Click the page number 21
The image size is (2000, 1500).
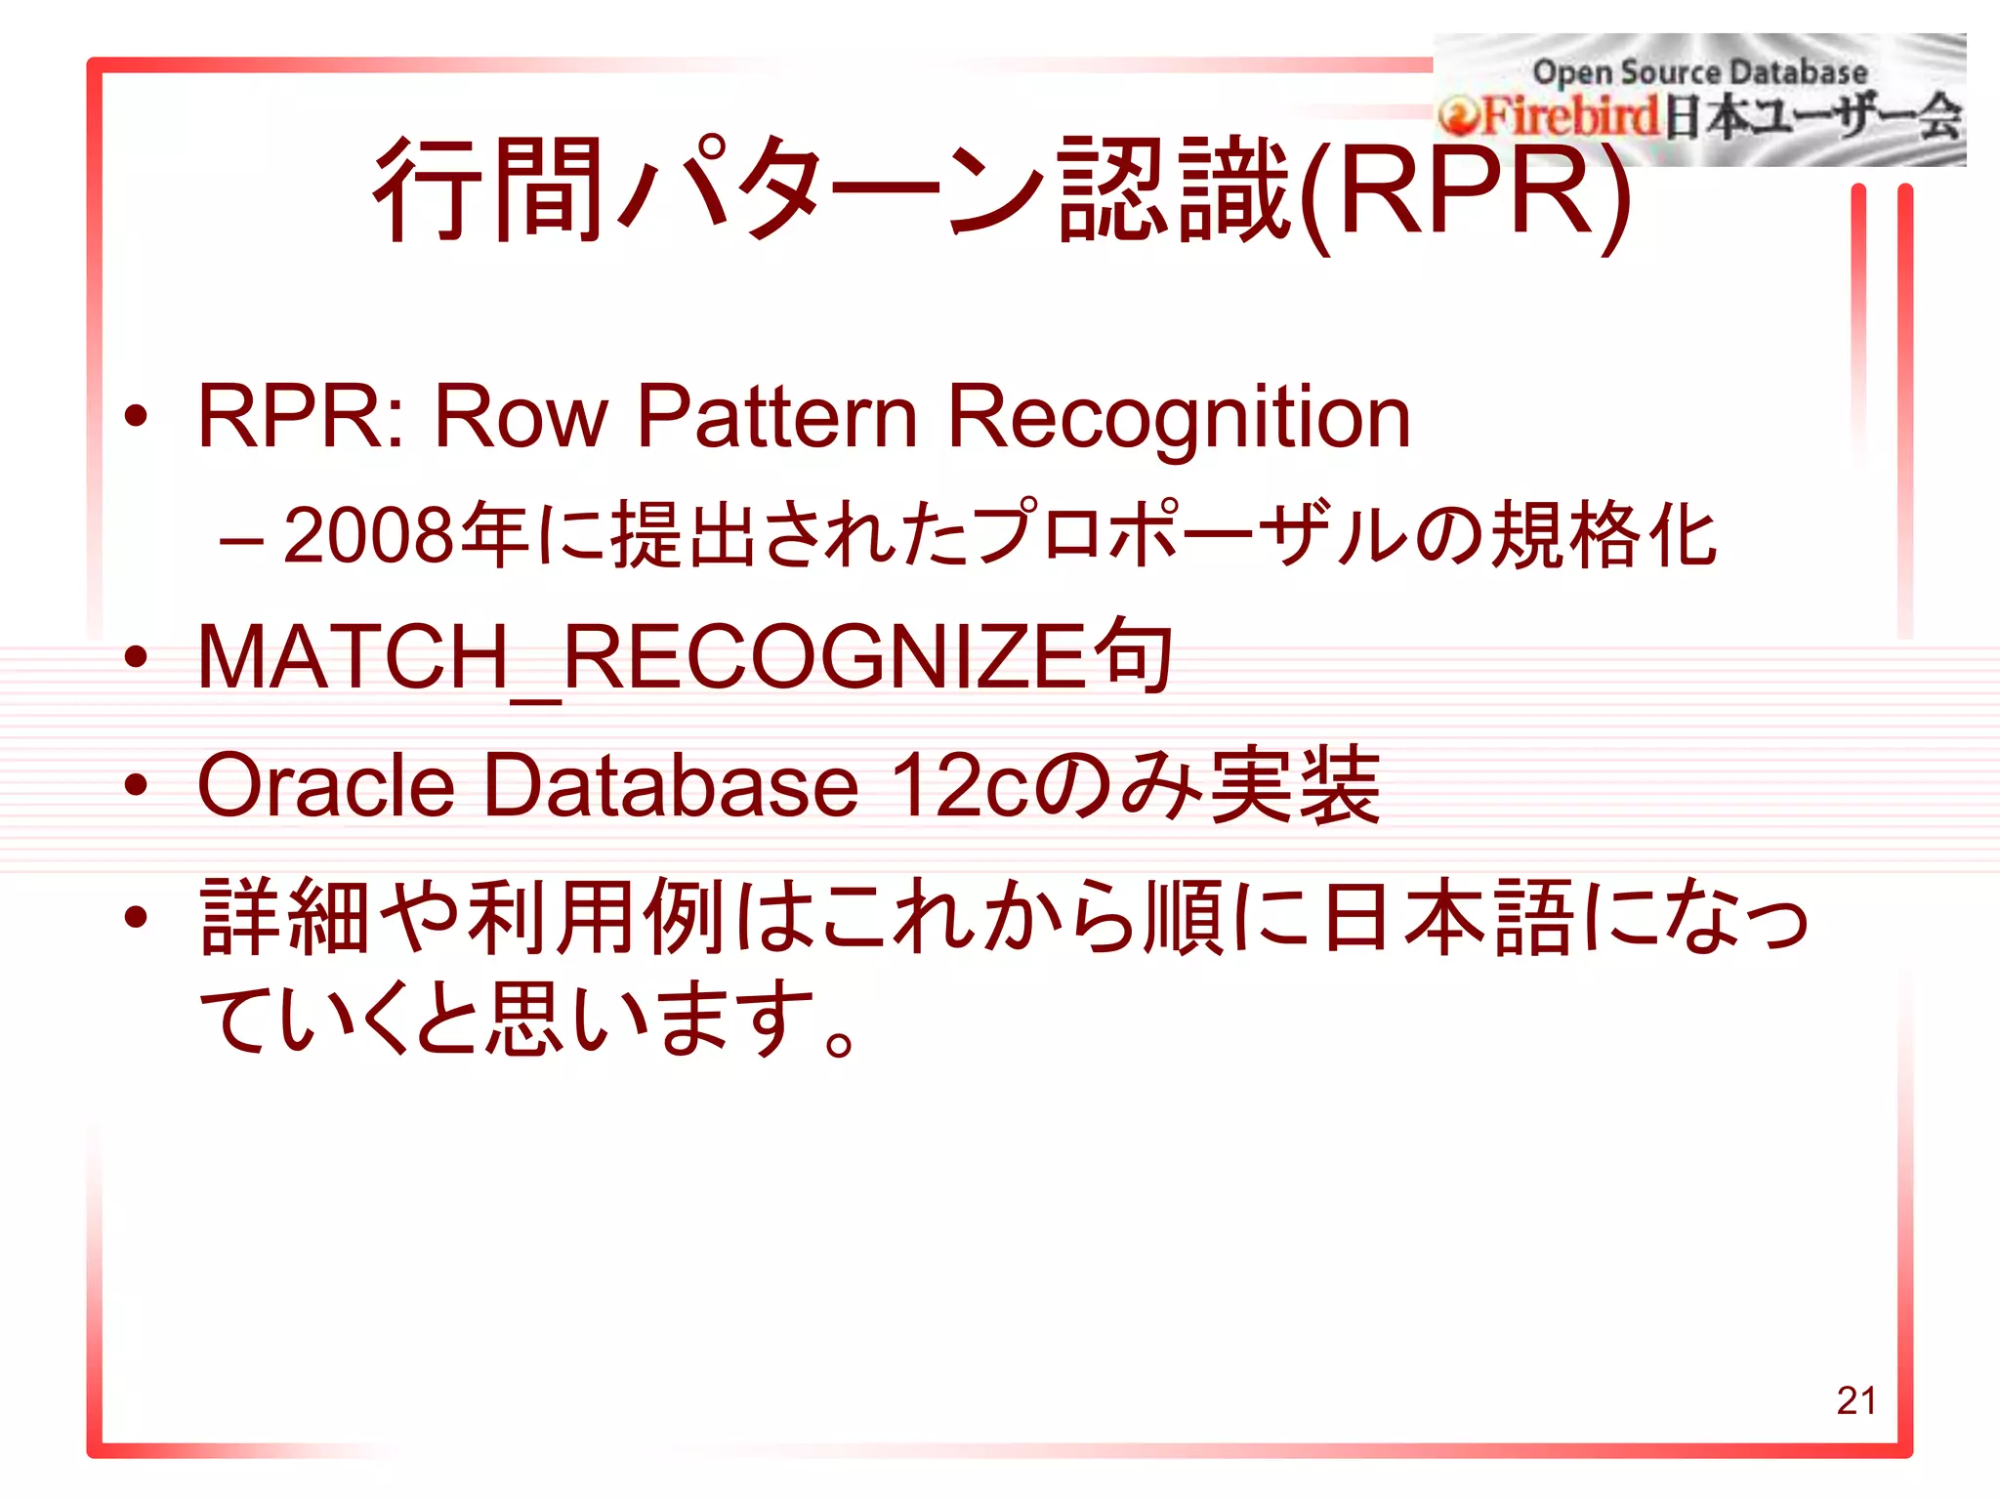(x=1855, y=1400)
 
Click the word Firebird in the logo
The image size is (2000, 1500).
(x=1570, y=117)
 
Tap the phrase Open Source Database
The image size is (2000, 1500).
(x=1699, y=71)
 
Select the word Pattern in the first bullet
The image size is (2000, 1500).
(x=776, y=417)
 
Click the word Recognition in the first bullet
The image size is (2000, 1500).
(x=1179, y=417)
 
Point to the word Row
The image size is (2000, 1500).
(x=521, y=417)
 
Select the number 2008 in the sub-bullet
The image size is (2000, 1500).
(x=368, y=536)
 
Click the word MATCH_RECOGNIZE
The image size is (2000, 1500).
(x=641, y=658)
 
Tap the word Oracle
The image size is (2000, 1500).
(x=326, y=785)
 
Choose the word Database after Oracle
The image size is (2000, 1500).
(x=671, y=785)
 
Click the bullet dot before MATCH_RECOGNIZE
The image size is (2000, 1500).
(x=136, y=658)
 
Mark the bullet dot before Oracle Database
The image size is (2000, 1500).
(x=136, y=785)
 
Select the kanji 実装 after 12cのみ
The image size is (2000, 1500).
(x=1294, y=785)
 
